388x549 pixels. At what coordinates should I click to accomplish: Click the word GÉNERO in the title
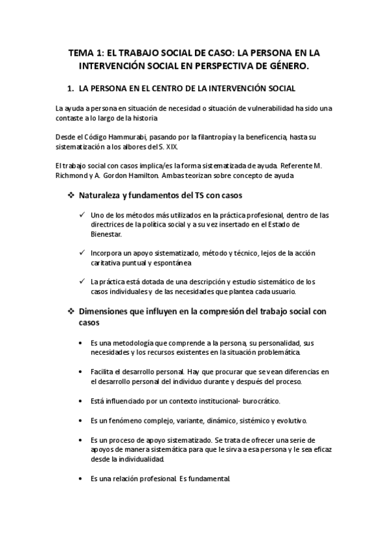tap(288, 66)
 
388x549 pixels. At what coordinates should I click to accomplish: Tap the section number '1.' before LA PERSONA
tap(72, 88)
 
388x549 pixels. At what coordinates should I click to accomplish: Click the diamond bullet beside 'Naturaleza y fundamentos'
tap(72, 196)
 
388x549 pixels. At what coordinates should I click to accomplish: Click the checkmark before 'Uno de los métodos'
tap(80, 215)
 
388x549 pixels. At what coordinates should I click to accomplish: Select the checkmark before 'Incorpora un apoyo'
tap(80, 253)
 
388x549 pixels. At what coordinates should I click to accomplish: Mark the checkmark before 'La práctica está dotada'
tap(80, 282)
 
